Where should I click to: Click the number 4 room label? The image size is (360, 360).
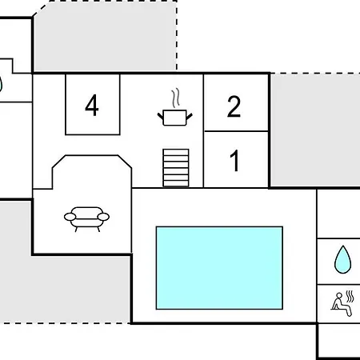coord(92,106)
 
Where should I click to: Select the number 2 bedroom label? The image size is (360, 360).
coord(234,106)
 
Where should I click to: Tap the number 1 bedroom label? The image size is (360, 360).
coord(234,161)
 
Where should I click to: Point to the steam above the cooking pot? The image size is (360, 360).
coord(175,98)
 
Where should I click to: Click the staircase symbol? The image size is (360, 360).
coord(176,168)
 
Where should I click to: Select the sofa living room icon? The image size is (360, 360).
coord(86,219)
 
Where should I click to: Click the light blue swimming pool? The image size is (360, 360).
coord(219,268)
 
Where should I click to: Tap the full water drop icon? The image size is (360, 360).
coord(342,259)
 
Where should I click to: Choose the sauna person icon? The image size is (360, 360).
coord(342,303)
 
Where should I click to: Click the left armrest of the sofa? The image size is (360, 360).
coord(70,217)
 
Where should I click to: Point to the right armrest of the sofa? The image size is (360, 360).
coord(103,217)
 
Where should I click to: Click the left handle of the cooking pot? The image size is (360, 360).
coord(160,116)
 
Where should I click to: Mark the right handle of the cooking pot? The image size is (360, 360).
coord(189,116)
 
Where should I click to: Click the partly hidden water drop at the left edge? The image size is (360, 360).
coord(1,84)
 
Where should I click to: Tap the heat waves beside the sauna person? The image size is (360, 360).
coord(350,297)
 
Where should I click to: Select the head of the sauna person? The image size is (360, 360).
coord(339,296)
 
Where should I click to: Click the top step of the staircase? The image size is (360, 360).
coord(176,152)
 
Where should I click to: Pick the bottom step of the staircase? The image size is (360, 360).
coord(176,184)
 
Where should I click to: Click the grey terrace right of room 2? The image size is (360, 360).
coord(315,130)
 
